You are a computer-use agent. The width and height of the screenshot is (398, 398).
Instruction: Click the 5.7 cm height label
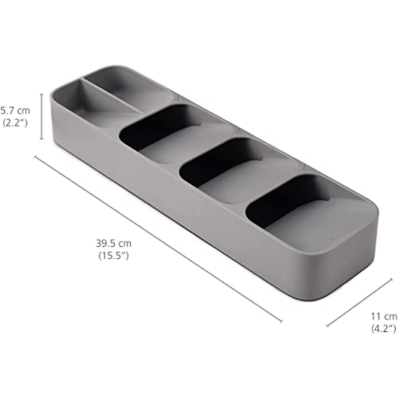click(15, 110)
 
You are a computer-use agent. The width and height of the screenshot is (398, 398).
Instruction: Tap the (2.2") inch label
click(15, 123)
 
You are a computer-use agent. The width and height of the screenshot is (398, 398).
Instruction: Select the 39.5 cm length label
click(114, 244)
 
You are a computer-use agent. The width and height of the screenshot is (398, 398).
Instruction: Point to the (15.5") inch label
click(114, 256)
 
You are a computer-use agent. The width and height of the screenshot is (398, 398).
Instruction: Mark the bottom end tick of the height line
click(41, 139)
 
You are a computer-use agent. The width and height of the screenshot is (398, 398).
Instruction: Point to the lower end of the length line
click(281, 321)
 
